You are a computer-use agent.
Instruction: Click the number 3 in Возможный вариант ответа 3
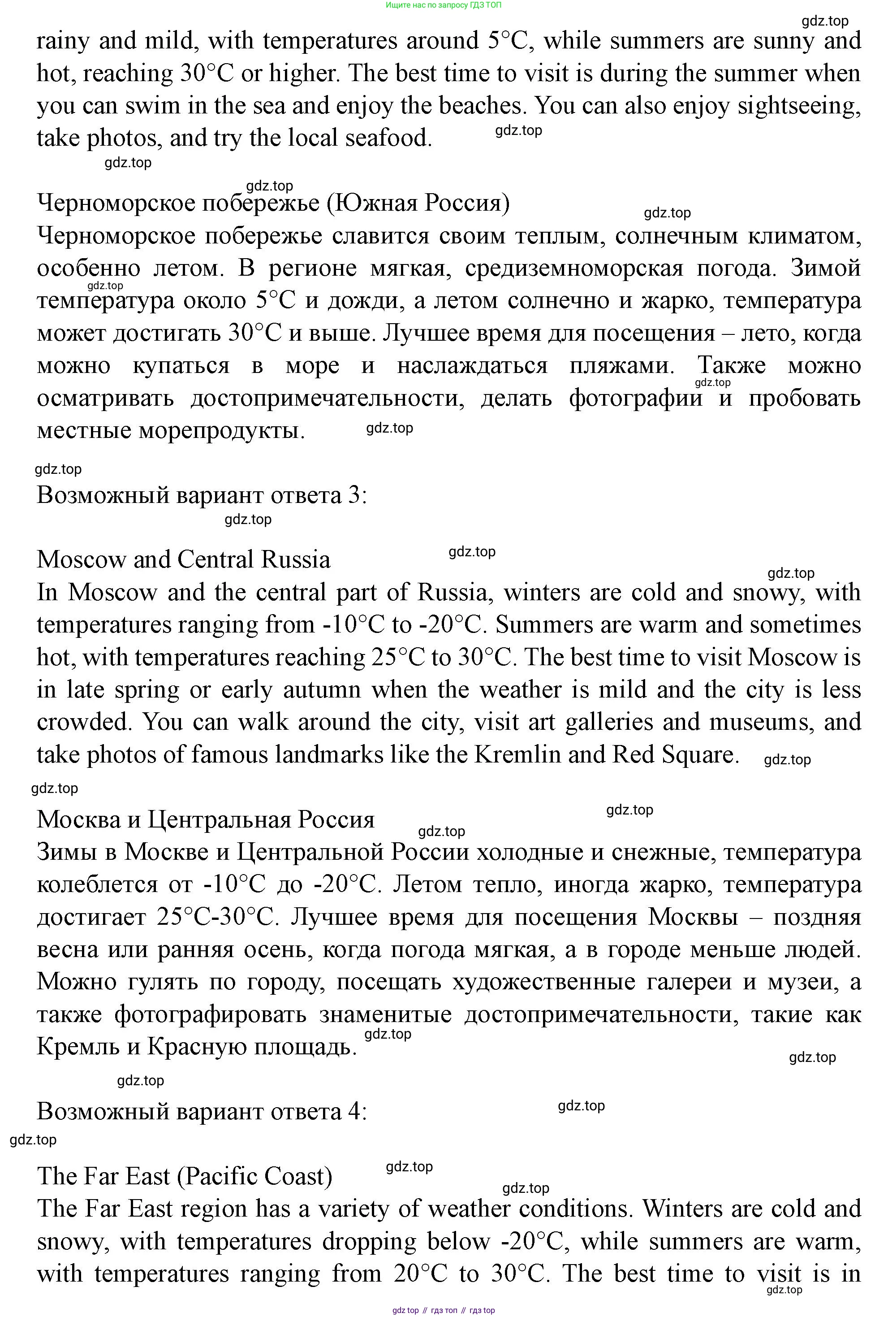[x=354, y=495]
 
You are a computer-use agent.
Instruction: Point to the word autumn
[x=322, y=690]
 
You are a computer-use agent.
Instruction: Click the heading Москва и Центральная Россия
[x=206, y=820]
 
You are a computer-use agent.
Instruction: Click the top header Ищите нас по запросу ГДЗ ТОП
[x=444, y=5]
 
